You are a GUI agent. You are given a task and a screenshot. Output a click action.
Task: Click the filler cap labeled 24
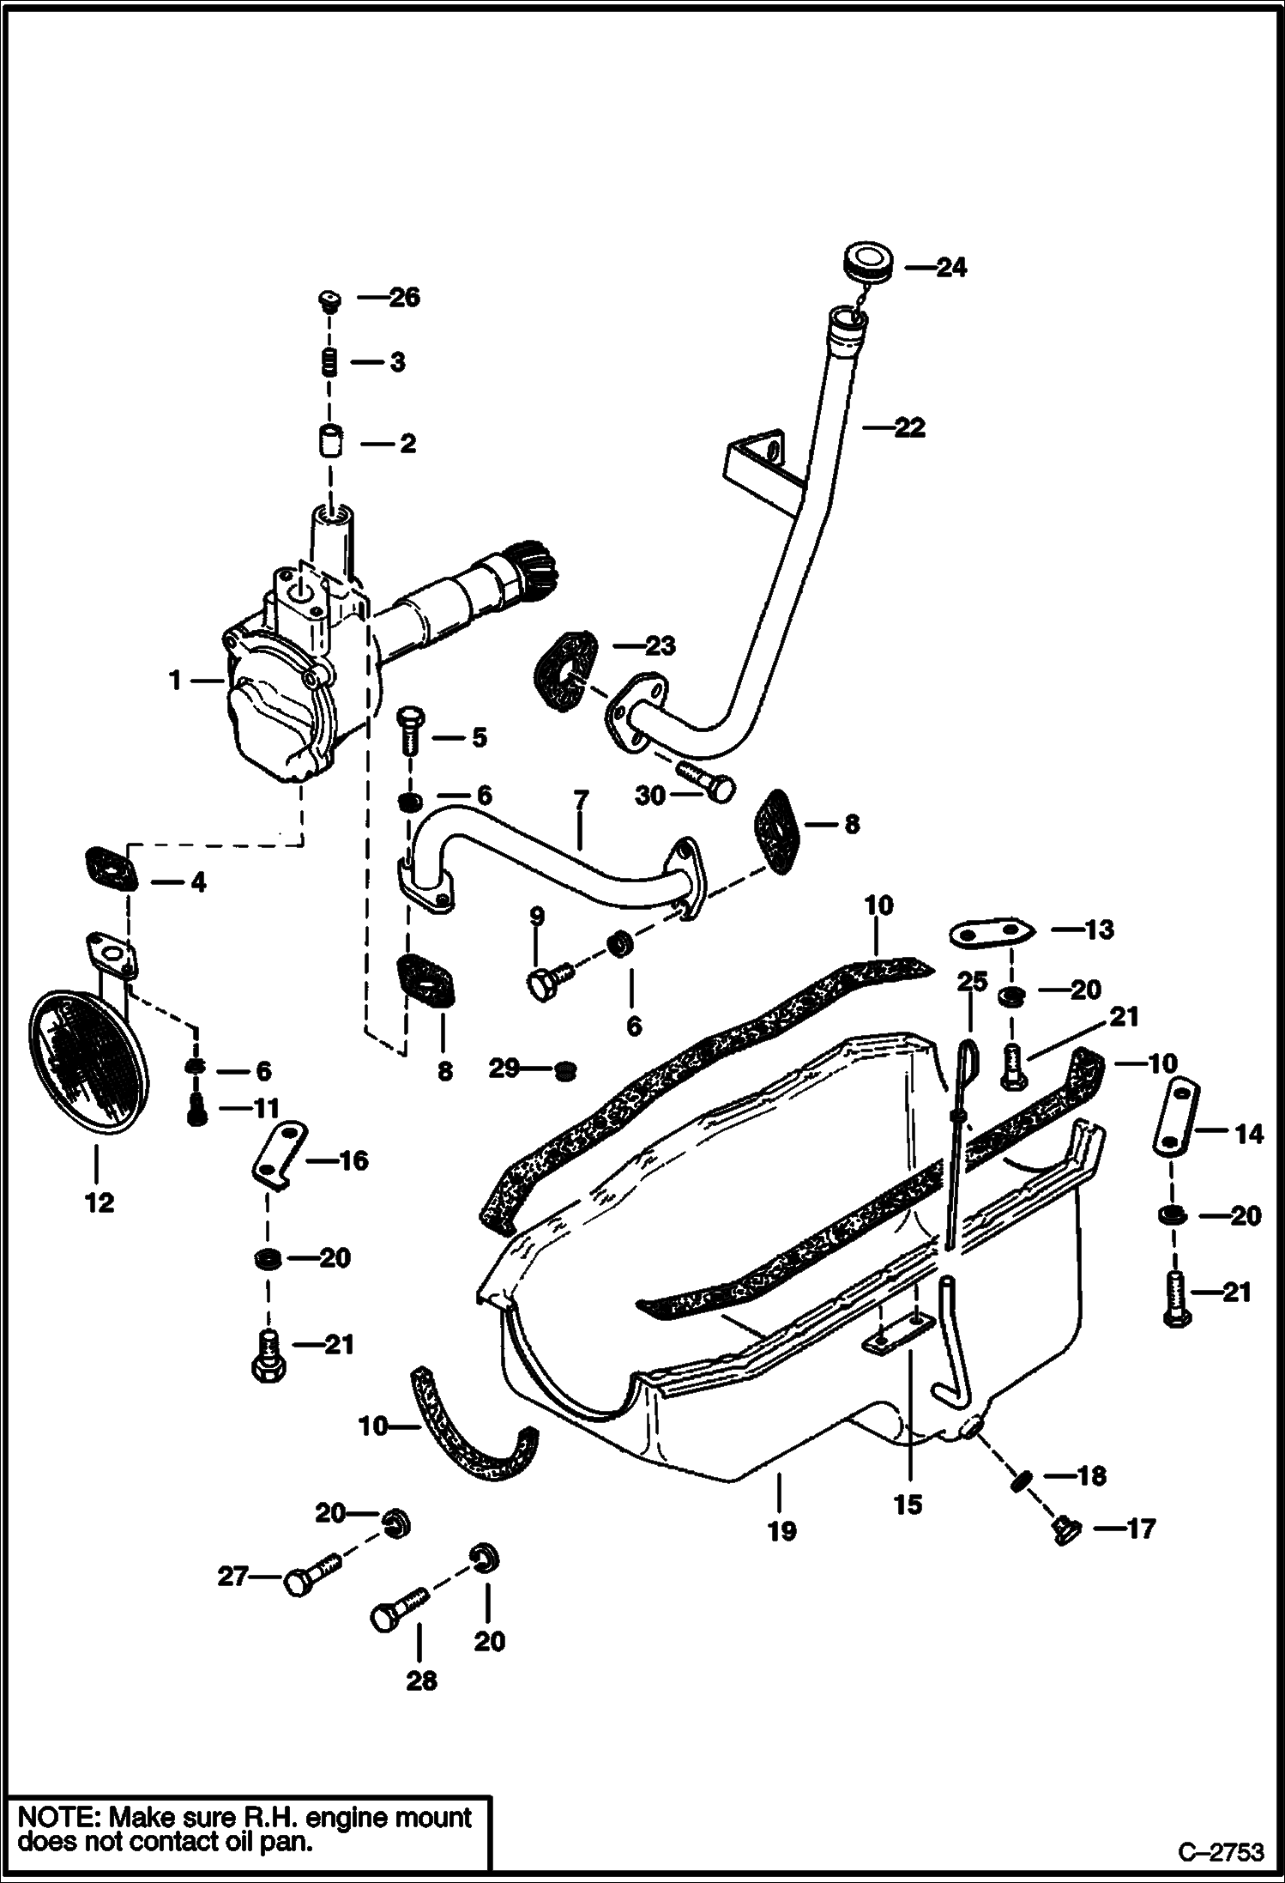[x=867, y=261]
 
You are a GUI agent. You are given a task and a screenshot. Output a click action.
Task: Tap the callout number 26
[x=404, y=298]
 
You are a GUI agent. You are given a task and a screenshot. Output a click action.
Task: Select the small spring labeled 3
[x=329, y=362]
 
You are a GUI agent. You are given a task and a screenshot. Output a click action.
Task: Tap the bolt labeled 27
[x=312, y=1576]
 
